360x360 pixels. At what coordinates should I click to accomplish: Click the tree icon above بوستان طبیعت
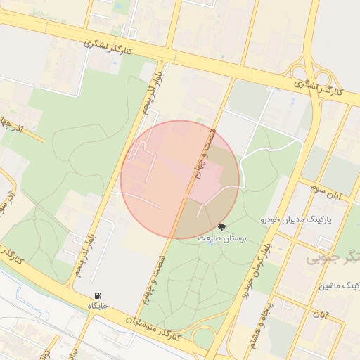click(x=222, y=227)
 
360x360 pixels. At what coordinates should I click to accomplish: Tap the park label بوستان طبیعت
click(x=221, y=239)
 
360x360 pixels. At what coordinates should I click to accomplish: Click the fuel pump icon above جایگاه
click(x=96, y=295)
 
